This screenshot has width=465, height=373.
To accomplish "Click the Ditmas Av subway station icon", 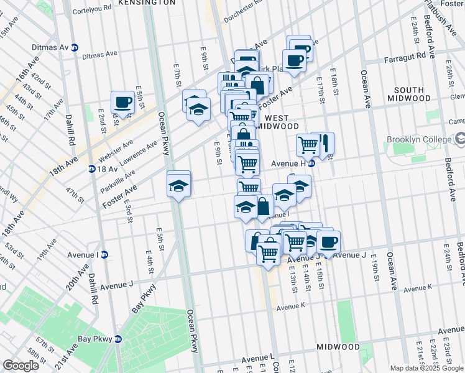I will (x=75, y=47).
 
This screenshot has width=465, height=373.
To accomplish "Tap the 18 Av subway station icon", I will (x=92, y=168).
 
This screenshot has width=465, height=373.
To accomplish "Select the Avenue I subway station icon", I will (x=104, y=254).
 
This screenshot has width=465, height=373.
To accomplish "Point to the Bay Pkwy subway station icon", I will (x=118, y=339).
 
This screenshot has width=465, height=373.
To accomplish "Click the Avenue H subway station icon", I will (x=313, y=164).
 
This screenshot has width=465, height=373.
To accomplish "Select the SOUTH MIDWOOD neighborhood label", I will (x=408, y=94).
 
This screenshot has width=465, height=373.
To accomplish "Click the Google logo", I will (x=21, y=366).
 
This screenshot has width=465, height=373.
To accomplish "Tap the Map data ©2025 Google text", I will (x=426, y=368).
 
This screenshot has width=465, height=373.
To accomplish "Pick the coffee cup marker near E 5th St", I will (x=123, y=102).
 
